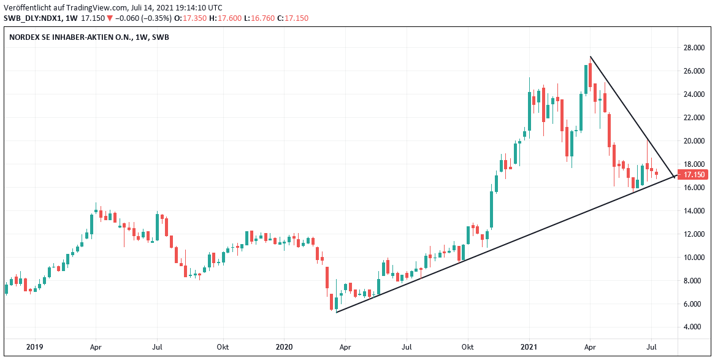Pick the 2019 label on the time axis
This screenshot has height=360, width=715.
(x=35, y=347)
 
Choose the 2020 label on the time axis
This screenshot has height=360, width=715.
(x=285, y=347)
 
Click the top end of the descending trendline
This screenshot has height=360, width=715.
(x=590, y=57)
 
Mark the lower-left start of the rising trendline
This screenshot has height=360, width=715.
(x=337, y=312)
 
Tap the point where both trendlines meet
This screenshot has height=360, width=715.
(x=675, y=177)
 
